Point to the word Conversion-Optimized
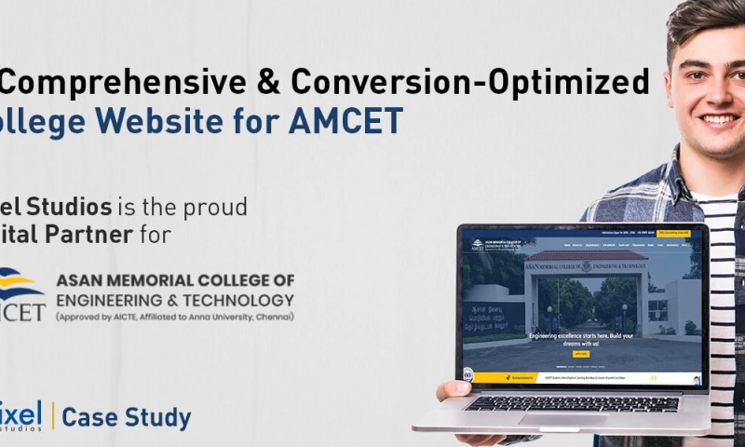tap(470, 82)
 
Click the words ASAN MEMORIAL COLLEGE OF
tap(175, 280)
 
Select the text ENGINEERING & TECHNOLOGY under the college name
tap(175, 299)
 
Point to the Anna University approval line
tap(175, 317)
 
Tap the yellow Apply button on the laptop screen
tap(580, 354)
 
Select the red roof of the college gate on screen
tap(587, 254)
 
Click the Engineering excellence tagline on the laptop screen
tap(581, 339)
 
